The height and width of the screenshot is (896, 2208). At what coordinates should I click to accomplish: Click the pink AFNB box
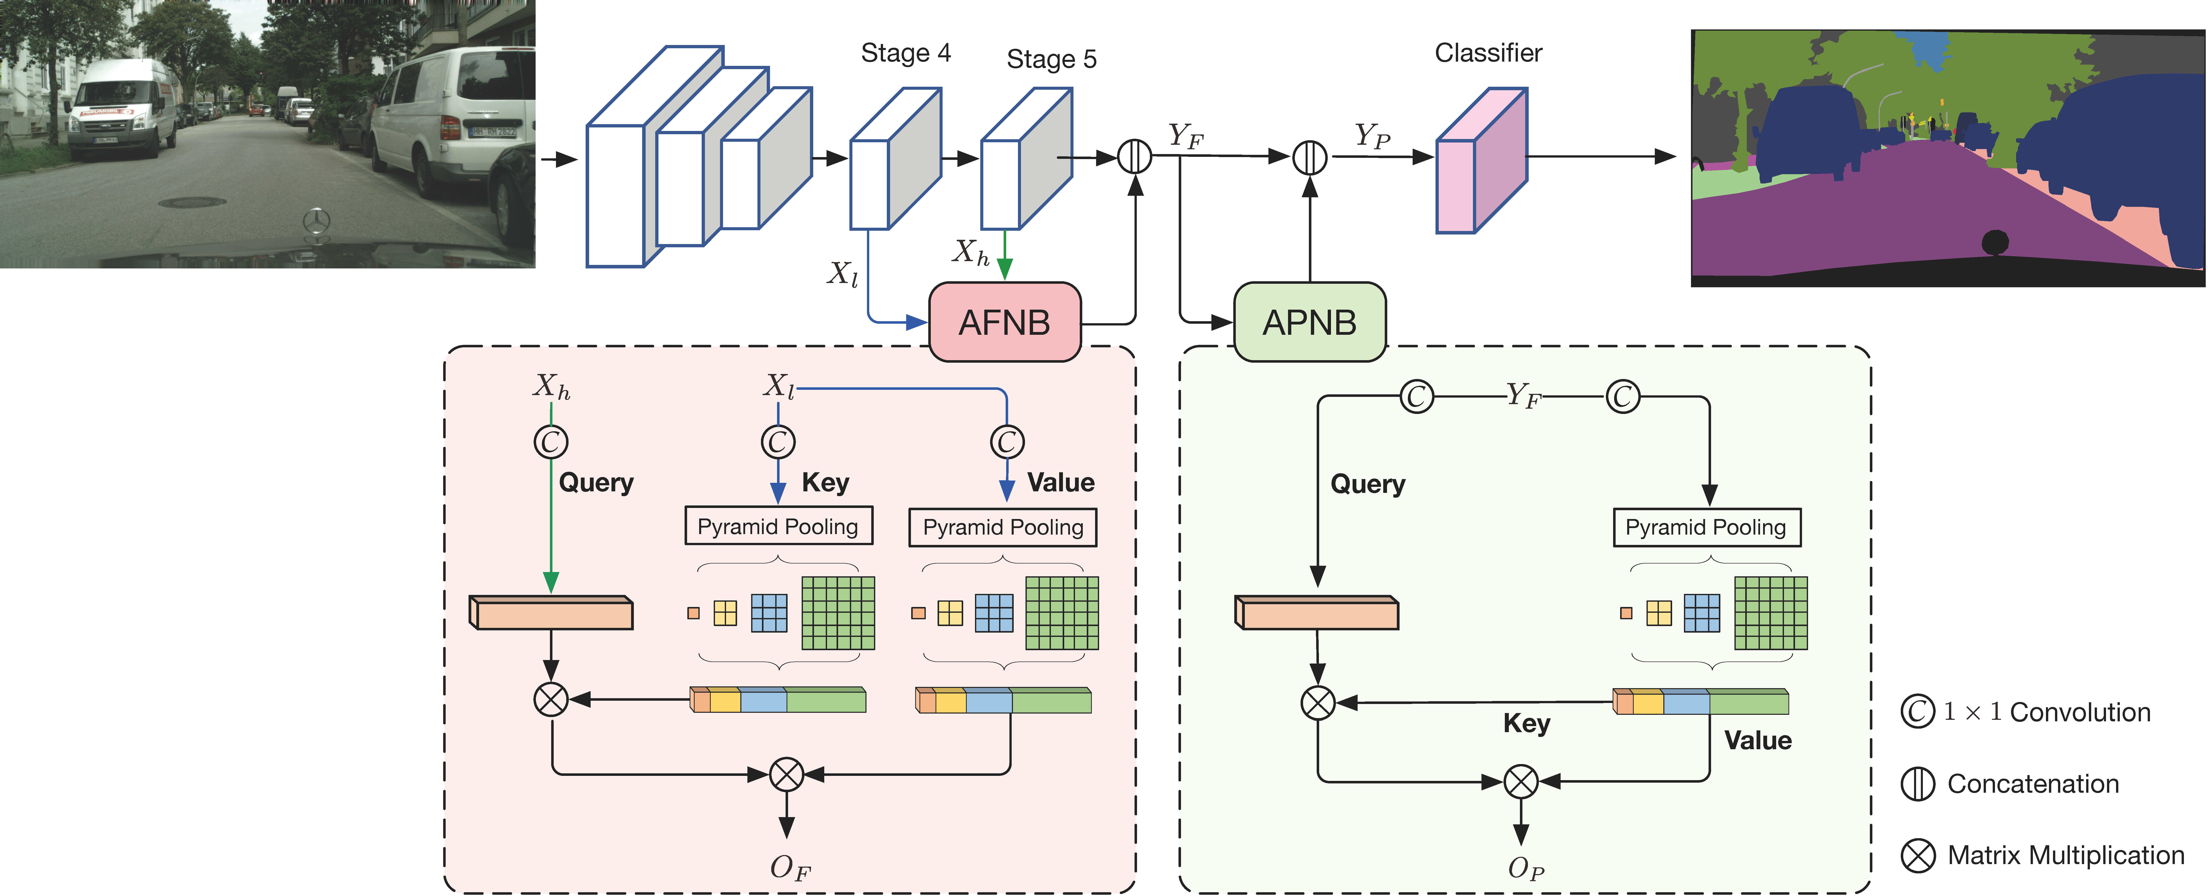(1005, 322)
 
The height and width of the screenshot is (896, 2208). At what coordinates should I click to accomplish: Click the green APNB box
(1309, 322)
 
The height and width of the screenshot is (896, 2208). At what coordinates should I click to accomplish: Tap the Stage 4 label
(905, 53)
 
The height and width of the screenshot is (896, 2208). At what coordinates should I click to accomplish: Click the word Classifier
(1488, 53)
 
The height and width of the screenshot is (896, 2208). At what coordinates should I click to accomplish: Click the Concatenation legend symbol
(1917, 784)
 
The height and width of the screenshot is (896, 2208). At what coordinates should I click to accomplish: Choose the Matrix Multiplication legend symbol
(1917, 855)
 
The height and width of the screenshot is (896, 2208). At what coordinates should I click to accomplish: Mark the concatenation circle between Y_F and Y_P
(1309, 157)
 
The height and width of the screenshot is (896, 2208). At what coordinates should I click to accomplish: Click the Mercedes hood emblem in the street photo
(316, 220)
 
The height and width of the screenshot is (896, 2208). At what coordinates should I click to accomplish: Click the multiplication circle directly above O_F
(786, 774)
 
